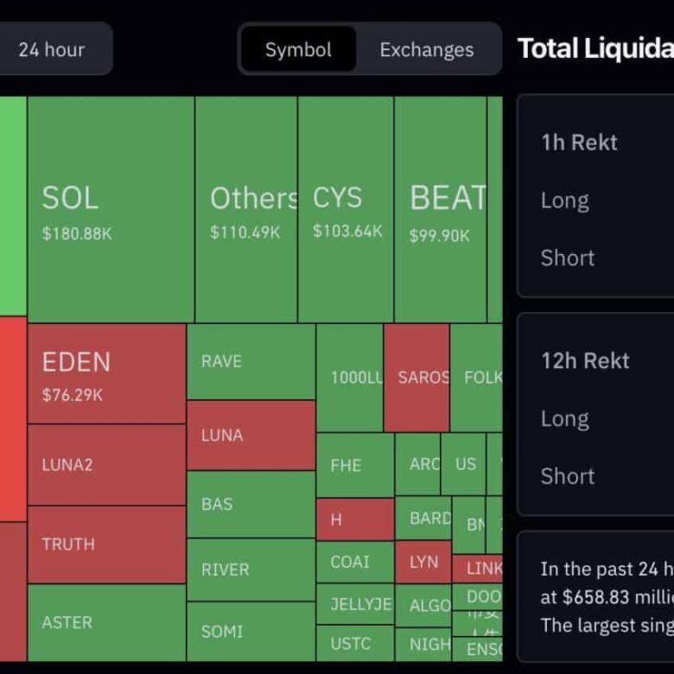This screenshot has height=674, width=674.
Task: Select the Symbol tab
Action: [x=298, y=49]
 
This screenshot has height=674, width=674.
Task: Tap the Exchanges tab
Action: [x=427, y=49]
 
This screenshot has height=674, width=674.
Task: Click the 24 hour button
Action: [x=52, y=49]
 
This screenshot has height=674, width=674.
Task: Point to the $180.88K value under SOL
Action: [x=77, y=233]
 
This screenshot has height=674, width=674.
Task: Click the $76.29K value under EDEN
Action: [x=73, y=395]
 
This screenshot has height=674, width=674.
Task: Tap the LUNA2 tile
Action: [x=106, y=464]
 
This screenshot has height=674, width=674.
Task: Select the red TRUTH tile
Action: [x=106, y=544]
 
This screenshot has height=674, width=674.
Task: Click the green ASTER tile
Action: [x=106, y=622]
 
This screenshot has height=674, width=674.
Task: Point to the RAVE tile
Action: [x=251, y=361]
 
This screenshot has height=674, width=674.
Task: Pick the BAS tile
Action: [x=251, y=504]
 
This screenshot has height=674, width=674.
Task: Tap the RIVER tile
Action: [x=251, y=569]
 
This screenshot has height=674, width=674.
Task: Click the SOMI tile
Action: [x=251, y=632]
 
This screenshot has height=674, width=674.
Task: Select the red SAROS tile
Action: [x=416, y=378]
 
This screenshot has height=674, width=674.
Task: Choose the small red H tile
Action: [x=354, y=519]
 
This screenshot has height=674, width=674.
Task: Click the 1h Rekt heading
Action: [x=579, y=143]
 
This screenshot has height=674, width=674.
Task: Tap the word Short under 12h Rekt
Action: [x=568, y=476]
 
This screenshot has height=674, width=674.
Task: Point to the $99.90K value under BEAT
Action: [x=440, y=235]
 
